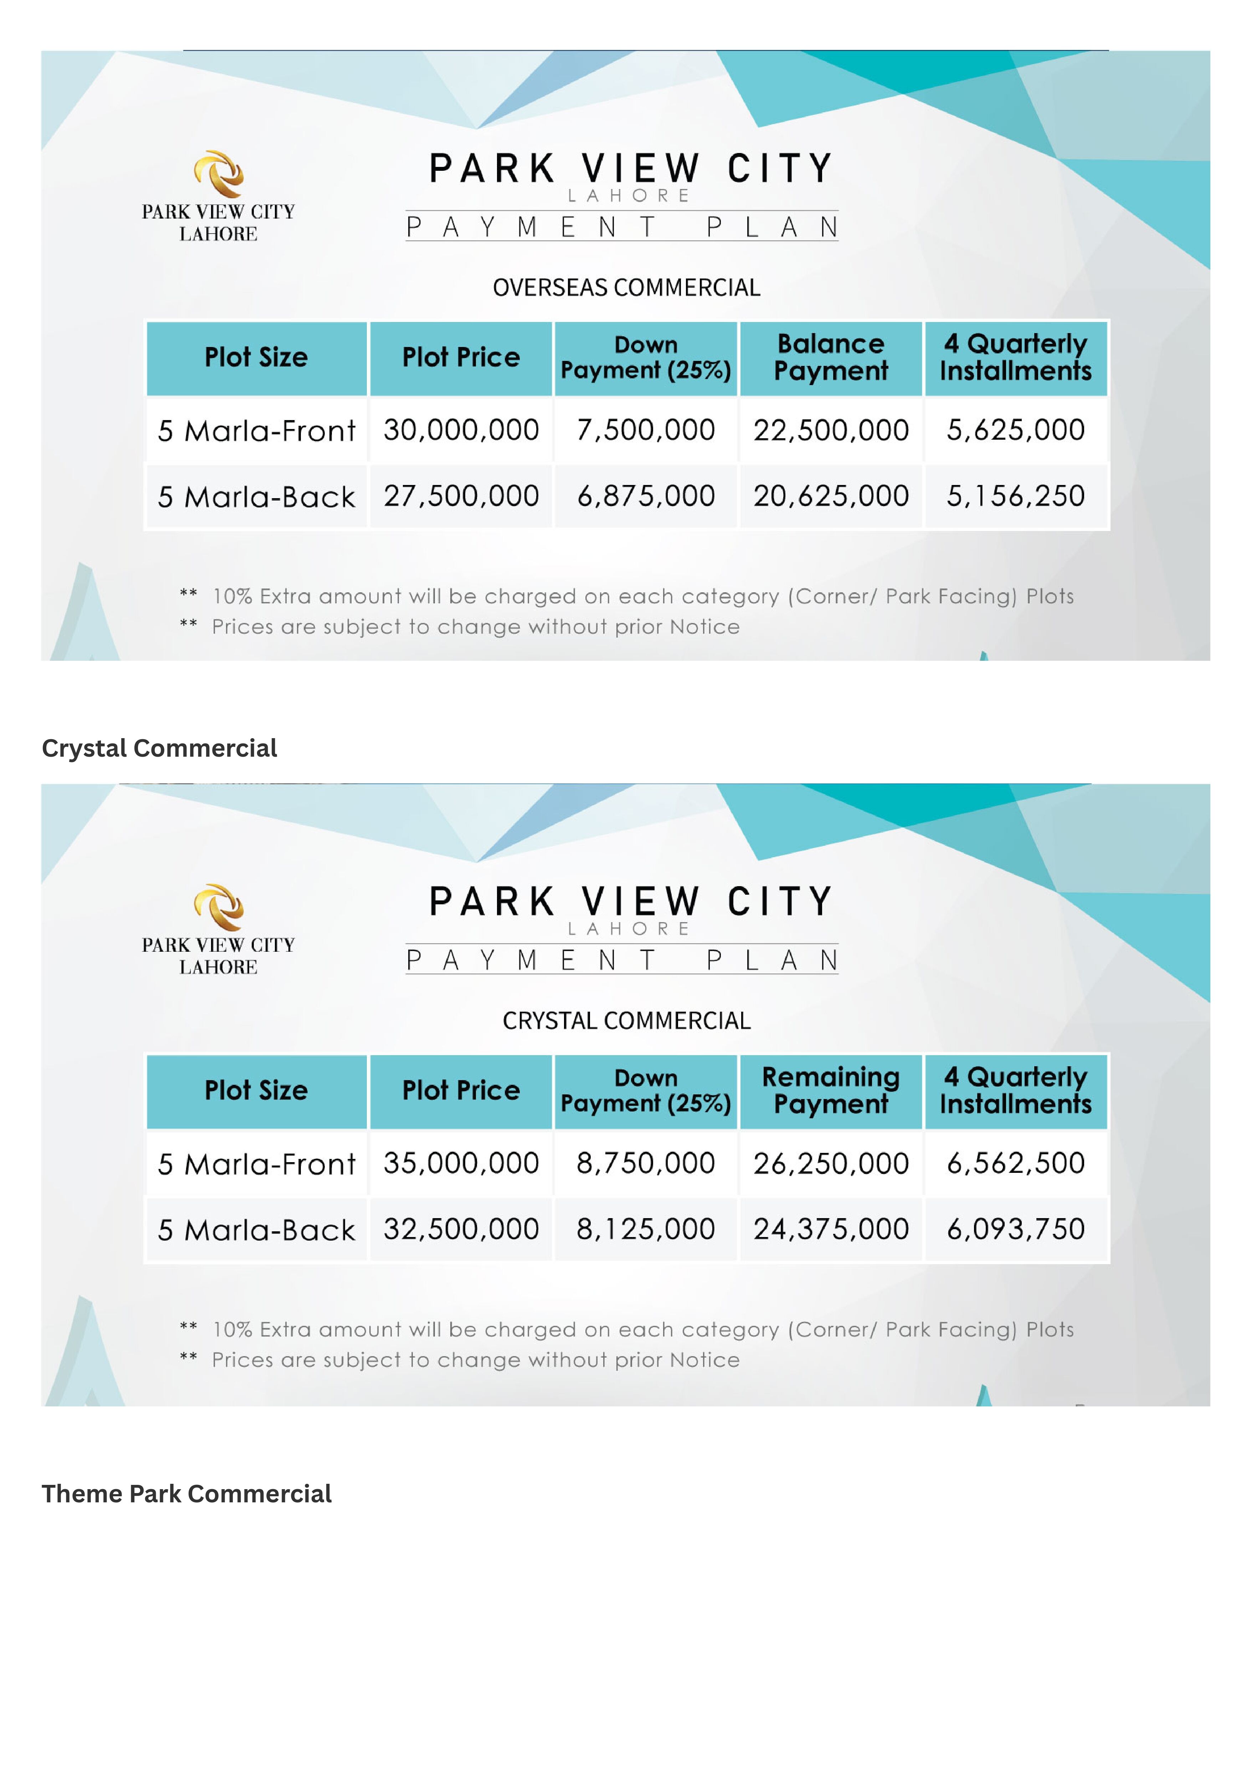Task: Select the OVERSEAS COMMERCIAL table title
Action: click(x=626, y=287)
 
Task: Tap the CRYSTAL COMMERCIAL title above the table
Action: click(x=626, y=1021)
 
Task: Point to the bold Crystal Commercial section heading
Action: click(x=159, y=748)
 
